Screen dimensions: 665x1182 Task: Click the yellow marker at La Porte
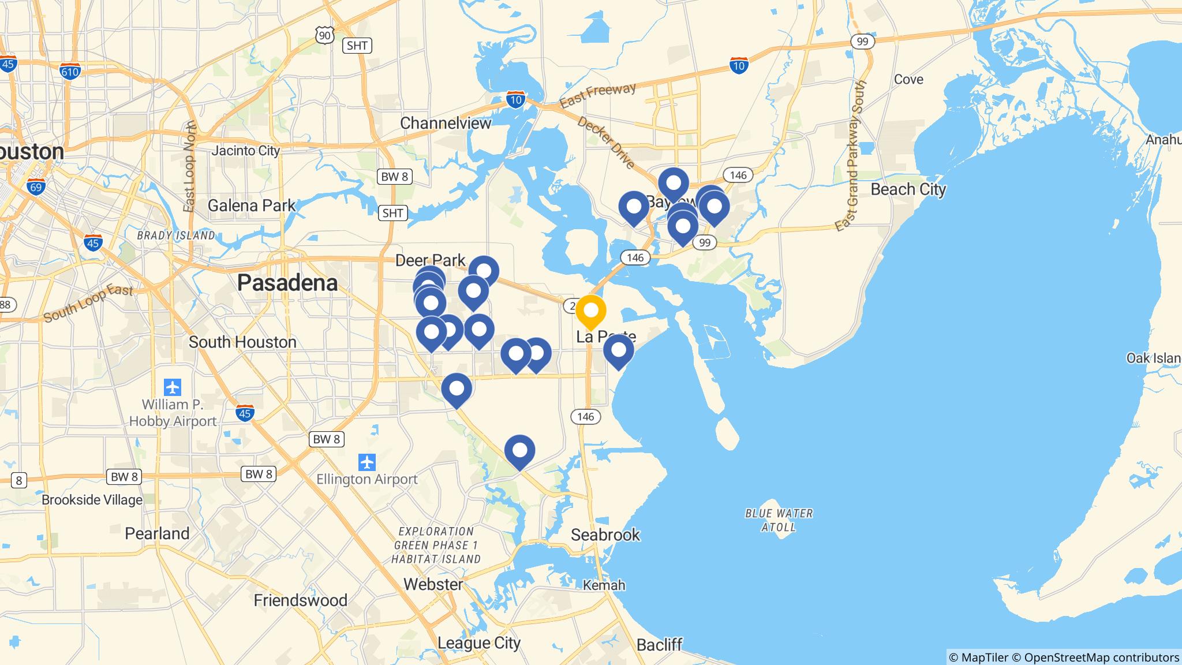[x=590, y=311]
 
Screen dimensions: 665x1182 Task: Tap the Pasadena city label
[x=287, y=283]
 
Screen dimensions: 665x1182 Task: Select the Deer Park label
[x=430, y=260]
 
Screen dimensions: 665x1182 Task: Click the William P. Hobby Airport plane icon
[x=172, y=386]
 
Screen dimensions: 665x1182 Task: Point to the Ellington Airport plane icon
[x=367, y=462]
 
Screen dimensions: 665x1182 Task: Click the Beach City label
[x=908, y=189]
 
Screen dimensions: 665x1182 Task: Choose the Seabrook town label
[x=605, y=535]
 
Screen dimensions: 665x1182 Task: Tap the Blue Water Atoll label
[x=779, y=520]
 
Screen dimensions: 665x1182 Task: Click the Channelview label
[x=446, y=123]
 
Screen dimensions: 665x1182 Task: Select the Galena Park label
[x=251, y=205]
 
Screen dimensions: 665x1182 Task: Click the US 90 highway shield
[x=325, y=36]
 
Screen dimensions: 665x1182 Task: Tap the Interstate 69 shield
[x=36, y=186]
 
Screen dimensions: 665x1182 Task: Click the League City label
[x=478, y=642]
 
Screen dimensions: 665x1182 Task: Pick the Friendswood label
[x=300, y=600]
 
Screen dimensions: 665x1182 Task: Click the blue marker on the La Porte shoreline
[x=618, y=350]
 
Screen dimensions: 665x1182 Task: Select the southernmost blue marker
[x=519, y=450]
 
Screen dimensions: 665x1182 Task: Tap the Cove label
[x=908, y=79]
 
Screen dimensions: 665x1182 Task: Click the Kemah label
[x=604, y=585]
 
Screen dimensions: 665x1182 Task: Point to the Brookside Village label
[x=92, y=500]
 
